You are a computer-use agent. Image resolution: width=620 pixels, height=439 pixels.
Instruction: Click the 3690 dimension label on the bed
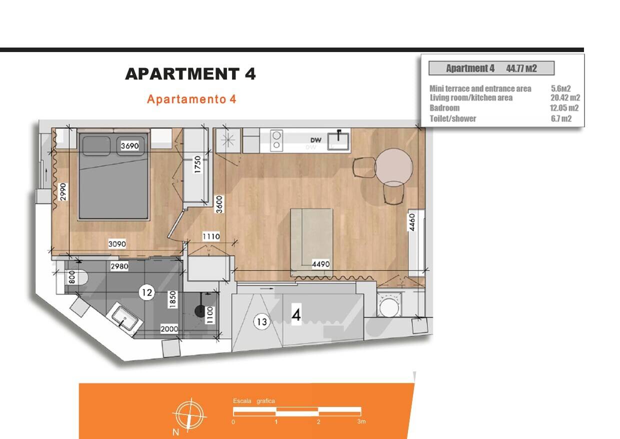(x=130, y=146)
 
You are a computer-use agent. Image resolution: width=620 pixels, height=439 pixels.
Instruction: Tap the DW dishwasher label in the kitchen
(x=316, y=140)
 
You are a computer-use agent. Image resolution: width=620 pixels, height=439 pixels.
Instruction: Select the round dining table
(x=394, y=167)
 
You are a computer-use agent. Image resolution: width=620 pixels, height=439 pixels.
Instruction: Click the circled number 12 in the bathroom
(x=147, y=292)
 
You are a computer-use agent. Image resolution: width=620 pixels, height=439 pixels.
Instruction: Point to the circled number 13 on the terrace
(x=261, y=322)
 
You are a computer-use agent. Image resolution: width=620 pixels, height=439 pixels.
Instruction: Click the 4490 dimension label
(x=321, y=264)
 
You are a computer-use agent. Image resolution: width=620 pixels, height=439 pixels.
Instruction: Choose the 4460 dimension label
(x=412, y=222)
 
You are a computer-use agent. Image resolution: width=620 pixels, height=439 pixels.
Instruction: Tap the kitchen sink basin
(x=338, y=141)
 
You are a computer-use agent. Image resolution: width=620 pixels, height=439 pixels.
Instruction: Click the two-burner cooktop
(x=276, y=141)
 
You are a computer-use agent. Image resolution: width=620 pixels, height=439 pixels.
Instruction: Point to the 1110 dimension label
(x=211, y=237)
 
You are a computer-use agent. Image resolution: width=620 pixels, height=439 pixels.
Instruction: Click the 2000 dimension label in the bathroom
(x=169, y=329)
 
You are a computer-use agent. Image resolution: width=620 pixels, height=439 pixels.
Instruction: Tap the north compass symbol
(x=190, y=415)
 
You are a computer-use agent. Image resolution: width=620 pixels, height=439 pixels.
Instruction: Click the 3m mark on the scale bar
(x=361, y=421)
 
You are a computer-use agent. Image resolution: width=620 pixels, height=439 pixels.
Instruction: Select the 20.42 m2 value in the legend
(x=565, y=98)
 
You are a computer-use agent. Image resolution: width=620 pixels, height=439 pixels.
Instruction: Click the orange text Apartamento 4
(x=191, y=99)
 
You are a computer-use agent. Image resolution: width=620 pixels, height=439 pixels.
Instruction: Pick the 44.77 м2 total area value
(x=521, y=68)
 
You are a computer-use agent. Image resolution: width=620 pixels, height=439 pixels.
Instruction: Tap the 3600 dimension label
(x=219, y=204)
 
